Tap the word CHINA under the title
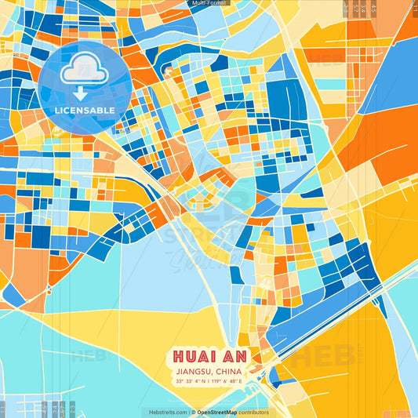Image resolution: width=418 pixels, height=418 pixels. [227, 373]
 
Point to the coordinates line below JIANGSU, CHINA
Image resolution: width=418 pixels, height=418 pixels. [209, 383]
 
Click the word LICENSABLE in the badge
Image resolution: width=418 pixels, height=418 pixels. [85, 110]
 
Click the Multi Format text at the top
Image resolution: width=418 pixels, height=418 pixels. [209, 3]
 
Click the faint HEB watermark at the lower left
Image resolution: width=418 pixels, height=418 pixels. [89, 354]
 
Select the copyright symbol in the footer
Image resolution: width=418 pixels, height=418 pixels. [193, 412]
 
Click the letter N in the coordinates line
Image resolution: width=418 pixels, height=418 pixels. [205, 383]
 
